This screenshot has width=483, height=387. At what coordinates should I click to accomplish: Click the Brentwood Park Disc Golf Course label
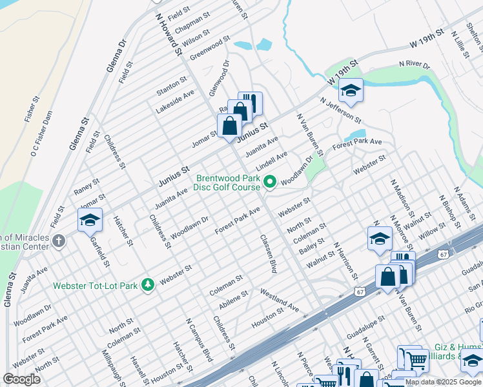[226, 183]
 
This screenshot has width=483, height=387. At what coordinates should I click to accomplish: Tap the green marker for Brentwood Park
[270, 183]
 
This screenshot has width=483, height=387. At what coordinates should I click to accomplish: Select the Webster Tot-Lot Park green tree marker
[148, 284]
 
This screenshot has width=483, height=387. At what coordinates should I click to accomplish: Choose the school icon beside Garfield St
[90, 220]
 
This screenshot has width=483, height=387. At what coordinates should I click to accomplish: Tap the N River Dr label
[414, 64]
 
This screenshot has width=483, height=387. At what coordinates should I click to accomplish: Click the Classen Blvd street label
[268, 253]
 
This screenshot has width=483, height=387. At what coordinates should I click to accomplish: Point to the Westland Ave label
[280, 301]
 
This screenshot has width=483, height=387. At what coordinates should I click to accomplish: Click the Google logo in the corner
[22, 379]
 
